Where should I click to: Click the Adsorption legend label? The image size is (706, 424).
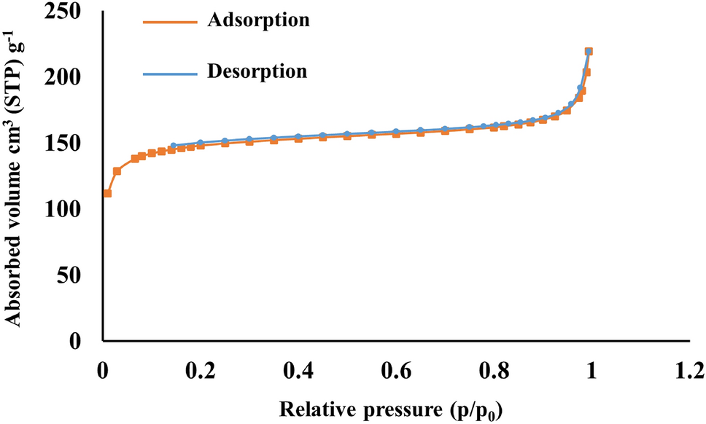(259, 20)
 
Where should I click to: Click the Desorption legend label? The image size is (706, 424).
(257, 71)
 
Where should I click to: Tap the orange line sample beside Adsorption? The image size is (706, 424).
(168, 22)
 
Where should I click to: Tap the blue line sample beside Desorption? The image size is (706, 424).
(168, 73)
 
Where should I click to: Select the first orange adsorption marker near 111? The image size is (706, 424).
(107, 193)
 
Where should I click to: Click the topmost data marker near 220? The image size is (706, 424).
(589, 51)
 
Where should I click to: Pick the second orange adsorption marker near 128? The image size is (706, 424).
(117, 171)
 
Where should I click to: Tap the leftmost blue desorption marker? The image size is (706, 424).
(173, 146)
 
